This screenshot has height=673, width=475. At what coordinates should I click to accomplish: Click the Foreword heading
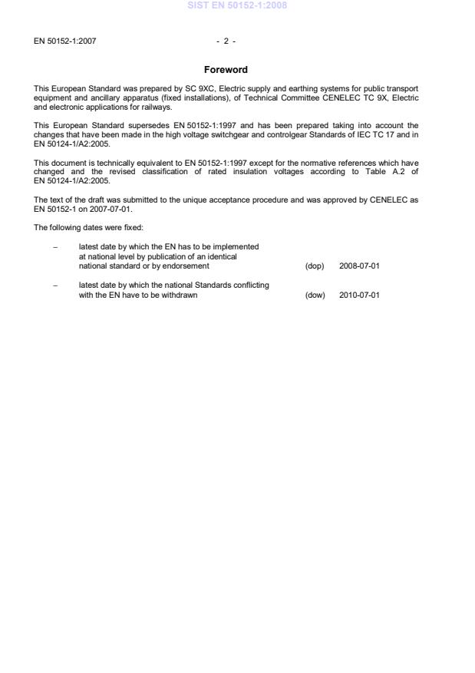tap(226, 70)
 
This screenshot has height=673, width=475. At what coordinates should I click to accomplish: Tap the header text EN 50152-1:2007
tap(65, 41)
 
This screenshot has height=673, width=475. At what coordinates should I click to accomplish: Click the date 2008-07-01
tap(359, 266)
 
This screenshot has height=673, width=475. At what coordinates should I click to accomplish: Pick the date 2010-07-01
tap(359, 295)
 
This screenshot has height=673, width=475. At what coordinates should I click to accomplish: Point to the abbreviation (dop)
tap(315, 266)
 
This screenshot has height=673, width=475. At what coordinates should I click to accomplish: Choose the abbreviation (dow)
tap(315, 295)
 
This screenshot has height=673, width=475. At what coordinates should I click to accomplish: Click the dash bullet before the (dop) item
tap(56, 247)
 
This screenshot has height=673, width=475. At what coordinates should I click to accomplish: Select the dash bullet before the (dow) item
tap(56, 285)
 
